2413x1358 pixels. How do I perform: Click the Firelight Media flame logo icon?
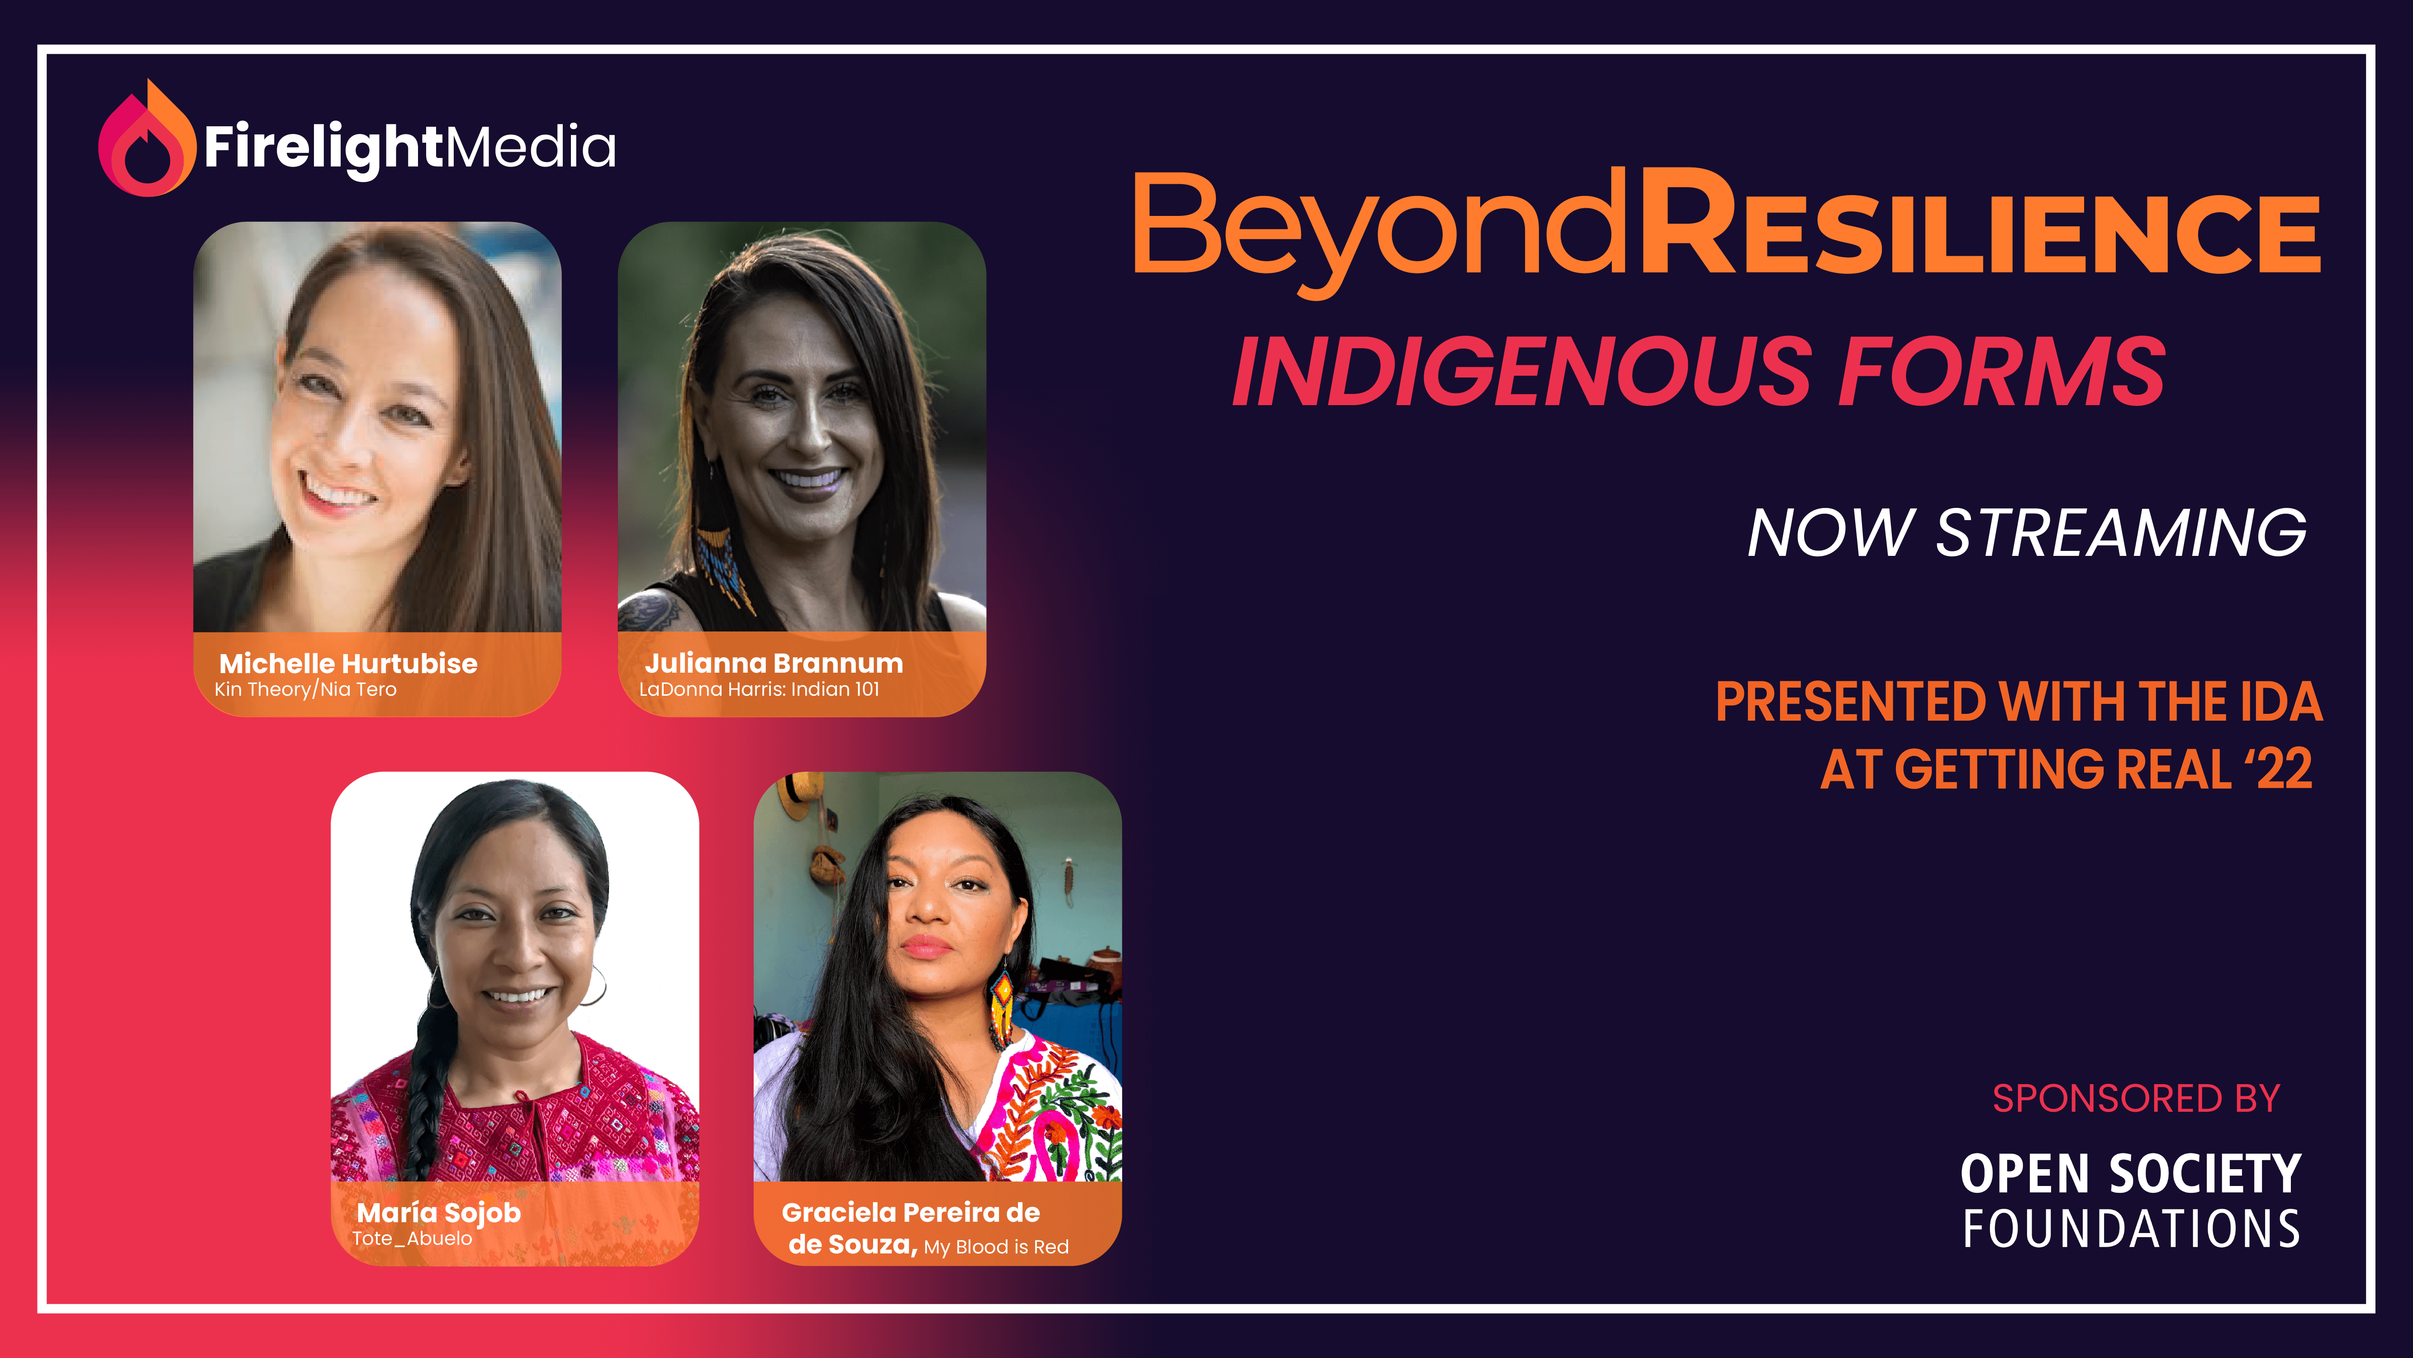pyautogui.click(x=147, y=141)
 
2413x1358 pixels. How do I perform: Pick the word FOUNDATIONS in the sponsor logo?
pyautogui.click(x=2131, y=1229)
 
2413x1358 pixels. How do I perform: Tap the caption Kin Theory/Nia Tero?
pyautogui.click(x=305, y=690)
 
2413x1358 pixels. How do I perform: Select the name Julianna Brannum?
pyautogui.click(x=774, y=664)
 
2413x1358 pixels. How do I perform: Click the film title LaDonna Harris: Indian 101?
pyautogui.click(x=759, y=690)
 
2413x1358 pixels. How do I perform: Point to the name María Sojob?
pyautogui.click(x=438, y=1213)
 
